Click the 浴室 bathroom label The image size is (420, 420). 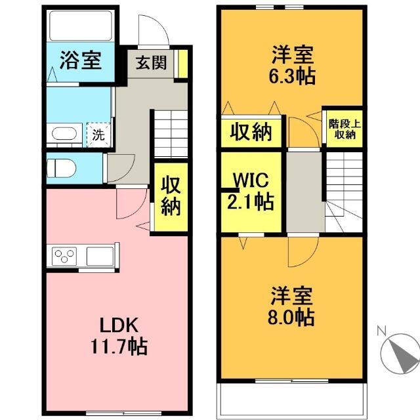[x=80, y=60]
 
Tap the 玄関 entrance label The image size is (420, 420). [x=151, y=63]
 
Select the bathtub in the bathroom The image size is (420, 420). [x=81, y=26]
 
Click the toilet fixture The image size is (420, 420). [x=61, y=168]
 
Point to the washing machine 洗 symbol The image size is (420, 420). [x=98, y=135]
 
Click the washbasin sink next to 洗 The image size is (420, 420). [x=64, y=133]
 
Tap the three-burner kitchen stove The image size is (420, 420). [x=64, y=257]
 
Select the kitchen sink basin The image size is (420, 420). [x=100, y=257]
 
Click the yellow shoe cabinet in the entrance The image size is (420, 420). [x=183, y=64]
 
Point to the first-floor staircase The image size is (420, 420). [x=171, y=134]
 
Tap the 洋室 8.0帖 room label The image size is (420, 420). [x=291, y=306]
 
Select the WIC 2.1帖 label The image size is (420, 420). [x=251, y=191]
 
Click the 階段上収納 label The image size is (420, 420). [x=345, y=129]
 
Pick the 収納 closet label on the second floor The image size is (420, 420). [x=251, y=131]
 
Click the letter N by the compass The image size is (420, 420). [x=381, y=331]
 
